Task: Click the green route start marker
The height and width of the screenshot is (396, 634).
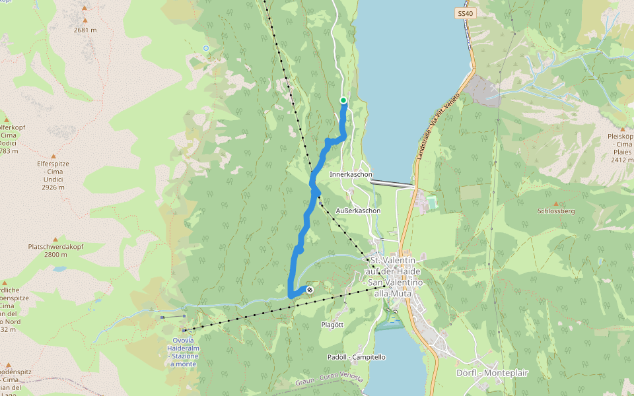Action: pos(343,100)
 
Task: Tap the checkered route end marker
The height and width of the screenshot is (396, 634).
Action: pos(310,289)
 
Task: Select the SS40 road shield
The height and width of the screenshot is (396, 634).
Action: pos(465,13)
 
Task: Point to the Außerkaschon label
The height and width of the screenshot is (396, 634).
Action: pos(359,211)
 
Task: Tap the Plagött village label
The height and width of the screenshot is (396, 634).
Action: pos(332,325)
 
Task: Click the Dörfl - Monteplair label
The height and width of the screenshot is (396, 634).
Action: pos(493,373)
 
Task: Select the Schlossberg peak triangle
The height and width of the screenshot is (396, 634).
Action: pos(556,204)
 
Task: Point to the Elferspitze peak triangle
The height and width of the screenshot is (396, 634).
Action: pos(53,156)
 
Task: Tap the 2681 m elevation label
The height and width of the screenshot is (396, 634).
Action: pos(85,30)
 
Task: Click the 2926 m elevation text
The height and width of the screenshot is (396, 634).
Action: pos(53,187)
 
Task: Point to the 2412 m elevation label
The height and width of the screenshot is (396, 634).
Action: pos(622,160)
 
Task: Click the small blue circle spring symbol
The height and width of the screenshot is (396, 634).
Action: pos(206,48)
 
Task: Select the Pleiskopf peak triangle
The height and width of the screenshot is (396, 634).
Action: pos(622,129)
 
